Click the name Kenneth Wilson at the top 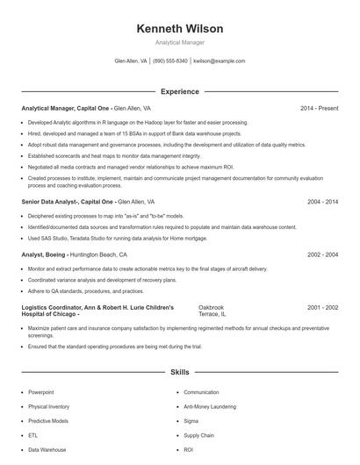pos(179,28)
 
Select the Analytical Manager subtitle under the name pos(179,42)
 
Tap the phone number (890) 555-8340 pos(170,61)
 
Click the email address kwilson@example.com pos(219,61)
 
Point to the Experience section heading pos(179,91)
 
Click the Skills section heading pos(179,373)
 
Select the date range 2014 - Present pos(319,108)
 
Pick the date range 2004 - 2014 pos(322,201)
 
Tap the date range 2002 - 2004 pos(322,254)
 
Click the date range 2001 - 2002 pos(322,308)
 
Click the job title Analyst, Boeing pos(44,254)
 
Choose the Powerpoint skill pos(41,392)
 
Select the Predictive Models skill pos(48,420)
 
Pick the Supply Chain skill pos(198,435)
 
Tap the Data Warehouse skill pos(47,449)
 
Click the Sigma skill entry pos(191,420)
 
